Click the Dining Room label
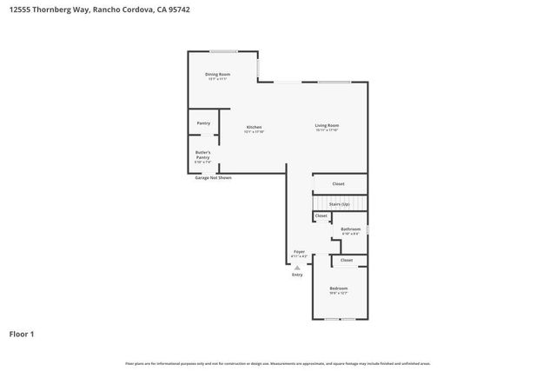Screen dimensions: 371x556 click(x=217, y=74)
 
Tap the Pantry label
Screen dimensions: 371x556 click(x=203, y=123)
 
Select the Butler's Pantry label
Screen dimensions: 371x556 click(x=202, y=155)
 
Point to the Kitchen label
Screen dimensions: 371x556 click(x=254, y=127)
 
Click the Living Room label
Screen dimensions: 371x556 click(x=327, y=126)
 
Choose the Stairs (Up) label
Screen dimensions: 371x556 click(x=339, y=204)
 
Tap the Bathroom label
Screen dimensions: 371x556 click(x=350, y=229)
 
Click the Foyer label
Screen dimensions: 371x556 click(x=299, y=252)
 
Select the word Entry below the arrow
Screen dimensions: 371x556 click(x=297, y=275)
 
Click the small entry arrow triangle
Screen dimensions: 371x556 click(x=297, y=267)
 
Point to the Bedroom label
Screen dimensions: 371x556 click(x=338, y=288)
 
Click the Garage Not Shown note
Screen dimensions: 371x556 click(x=213, y=177)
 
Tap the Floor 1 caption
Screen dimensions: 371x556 click(x=22, y=334)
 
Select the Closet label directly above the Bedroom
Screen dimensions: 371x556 click(x=347, y=260)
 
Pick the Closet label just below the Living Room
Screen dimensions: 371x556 click(x=339, y=183)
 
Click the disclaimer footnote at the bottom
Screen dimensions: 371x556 click(x=278, y=363)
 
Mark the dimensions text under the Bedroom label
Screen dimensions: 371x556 click(x=338, y=293)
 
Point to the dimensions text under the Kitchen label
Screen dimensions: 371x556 click(x=254, y=132)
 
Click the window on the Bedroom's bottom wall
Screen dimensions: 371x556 click(x=340, y=319)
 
